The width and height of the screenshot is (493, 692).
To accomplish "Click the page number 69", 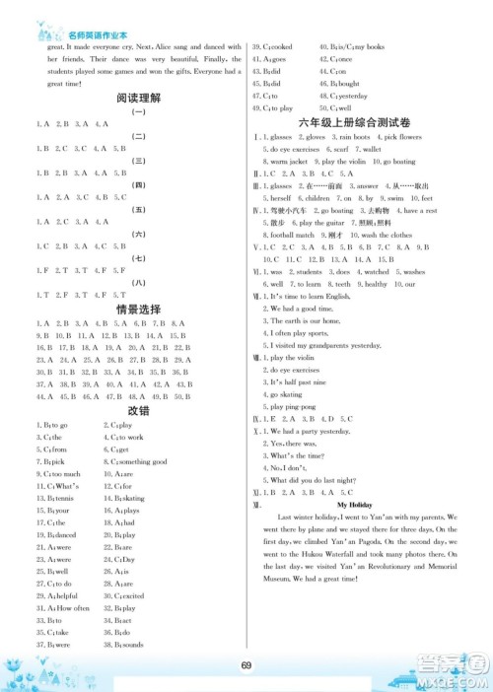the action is [x=246, y=663].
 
